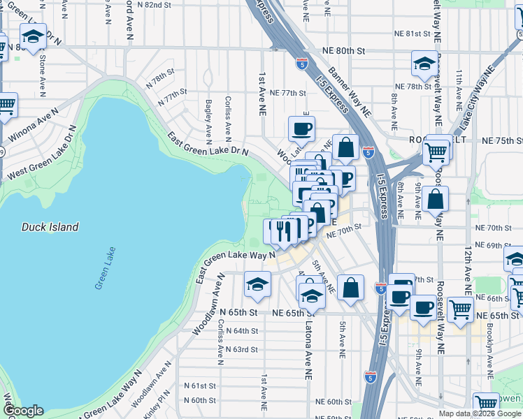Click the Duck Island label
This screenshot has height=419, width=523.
[x=50, y=227]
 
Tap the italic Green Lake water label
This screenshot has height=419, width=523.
[x=105, y=273]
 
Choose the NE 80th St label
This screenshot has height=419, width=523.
[x=344, y=51]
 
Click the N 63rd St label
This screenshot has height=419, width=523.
[x=241, y=349]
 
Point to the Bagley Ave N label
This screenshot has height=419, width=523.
[x=208, y=117]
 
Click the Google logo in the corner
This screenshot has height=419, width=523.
[x=23, y=411]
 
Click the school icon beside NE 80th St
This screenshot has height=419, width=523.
[x=424, y=64]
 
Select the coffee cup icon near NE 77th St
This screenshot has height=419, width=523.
[x=301, y=128]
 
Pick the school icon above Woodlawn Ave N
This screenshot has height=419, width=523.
[x=257, y=284]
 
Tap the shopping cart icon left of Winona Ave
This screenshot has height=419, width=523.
[x=6, y=105]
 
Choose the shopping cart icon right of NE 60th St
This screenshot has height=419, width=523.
[x=485, y=404]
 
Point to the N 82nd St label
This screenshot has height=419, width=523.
[x=154, y=4]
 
